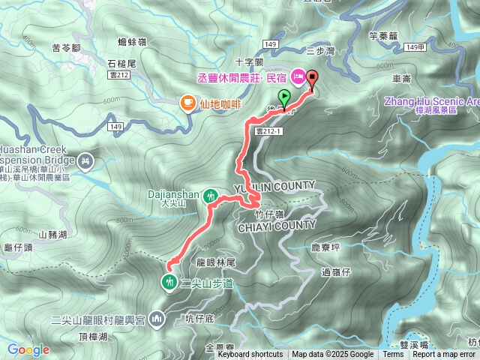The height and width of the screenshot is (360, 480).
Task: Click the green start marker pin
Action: point(284,97)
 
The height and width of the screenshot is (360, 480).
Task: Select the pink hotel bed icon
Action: point(297,76)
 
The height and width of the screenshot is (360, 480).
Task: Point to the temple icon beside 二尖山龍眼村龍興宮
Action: point(156,319)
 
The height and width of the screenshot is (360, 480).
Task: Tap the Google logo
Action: point(28,349)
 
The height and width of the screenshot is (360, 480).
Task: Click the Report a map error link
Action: point(443,355)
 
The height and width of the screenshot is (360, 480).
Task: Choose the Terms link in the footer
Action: point(393,355)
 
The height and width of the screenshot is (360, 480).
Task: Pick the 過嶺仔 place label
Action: point(336,271)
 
